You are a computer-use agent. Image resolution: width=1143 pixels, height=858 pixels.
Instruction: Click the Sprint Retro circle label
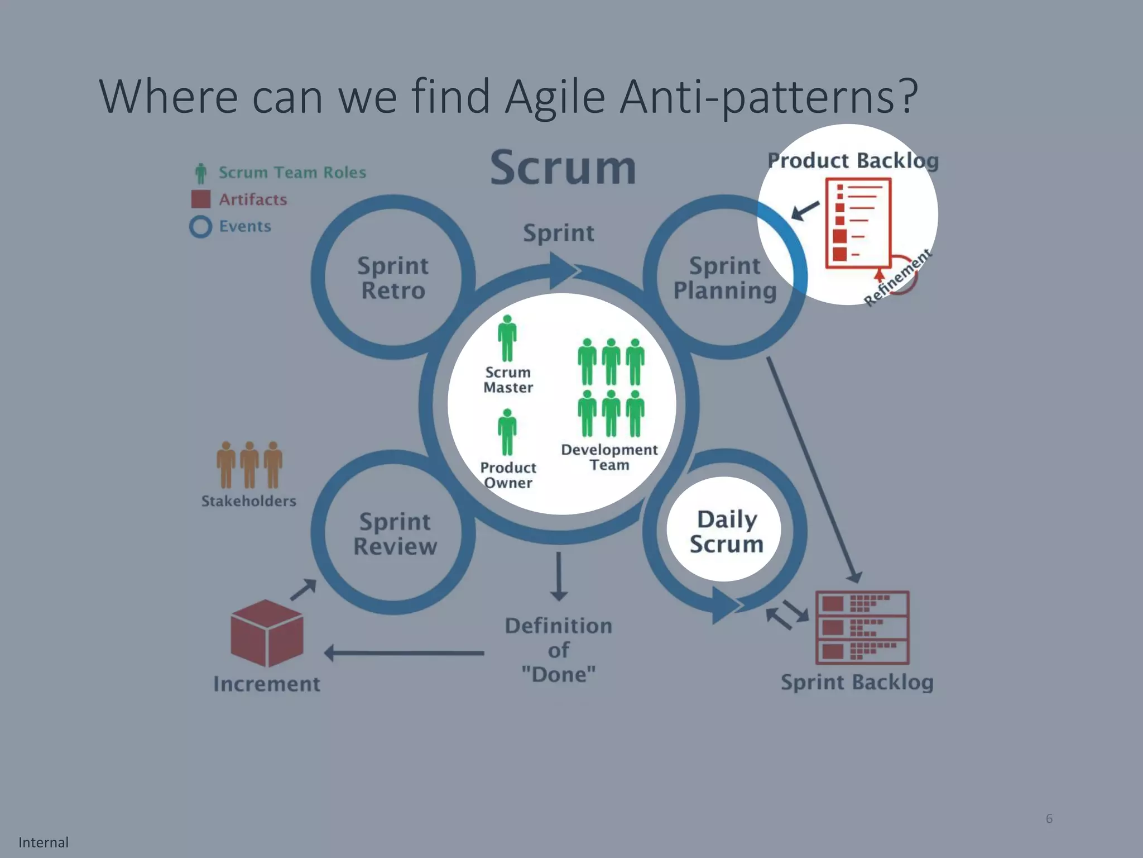[x=393, y=278]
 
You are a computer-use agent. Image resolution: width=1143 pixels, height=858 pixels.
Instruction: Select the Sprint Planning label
[x=724, y=278]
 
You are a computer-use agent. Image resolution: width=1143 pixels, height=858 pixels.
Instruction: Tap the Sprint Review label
[x=395, y=533]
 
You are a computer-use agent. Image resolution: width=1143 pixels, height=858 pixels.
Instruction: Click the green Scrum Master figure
[x=507, y=339]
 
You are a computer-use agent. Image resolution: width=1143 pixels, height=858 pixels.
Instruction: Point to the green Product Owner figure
[x=507, y=432]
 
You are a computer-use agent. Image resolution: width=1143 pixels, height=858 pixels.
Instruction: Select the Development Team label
[x=609, y=457]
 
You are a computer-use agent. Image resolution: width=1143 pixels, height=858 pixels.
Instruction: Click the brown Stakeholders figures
[x=249, y=465]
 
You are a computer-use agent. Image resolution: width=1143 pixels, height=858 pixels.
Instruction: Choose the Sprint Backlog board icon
[x=862, y=627]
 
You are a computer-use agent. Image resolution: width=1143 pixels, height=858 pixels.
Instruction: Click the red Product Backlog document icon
[x=857, y=222]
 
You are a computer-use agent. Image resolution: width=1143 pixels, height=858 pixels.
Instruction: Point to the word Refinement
[x=897, y=277]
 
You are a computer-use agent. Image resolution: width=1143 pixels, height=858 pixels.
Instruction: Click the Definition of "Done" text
[x=558, y=650]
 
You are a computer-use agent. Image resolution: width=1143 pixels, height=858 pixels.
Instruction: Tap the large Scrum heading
[x=563, y=168]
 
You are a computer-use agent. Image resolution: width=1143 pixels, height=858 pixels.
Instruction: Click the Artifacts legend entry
[x=252, y=199]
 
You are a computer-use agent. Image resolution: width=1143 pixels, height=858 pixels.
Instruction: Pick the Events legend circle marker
[x=200, y=227]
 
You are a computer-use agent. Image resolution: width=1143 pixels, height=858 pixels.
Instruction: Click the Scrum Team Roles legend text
[x=292, y=173]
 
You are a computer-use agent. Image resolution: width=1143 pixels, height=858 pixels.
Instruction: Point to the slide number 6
[x=1049, y=818]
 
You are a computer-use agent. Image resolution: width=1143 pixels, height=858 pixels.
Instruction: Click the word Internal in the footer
[x=44, y=842]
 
